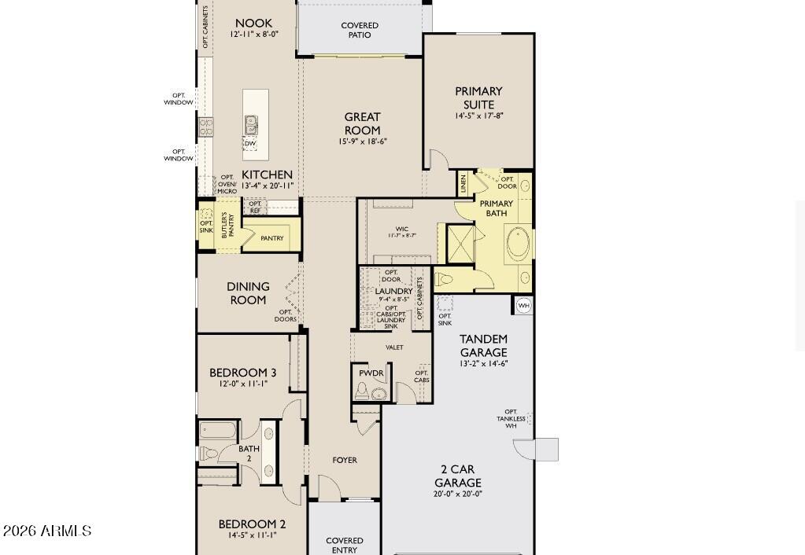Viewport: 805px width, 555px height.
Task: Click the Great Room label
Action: (362, 123)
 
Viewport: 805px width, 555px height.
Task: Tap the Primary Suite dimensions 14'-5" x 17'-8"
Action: (478, 116)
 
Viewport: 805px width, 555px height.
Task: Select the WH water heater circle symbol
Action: (523, 305)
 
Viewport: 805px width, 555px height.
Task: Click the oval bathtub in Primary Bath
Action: (519, 244)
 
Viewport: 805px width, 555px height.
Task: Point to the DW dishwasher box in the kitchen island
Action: (250, 144)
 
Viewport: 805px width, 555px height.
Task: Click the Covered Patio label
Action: (360, 30)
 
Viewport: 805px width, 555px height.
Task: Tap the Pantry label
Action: (271, 238)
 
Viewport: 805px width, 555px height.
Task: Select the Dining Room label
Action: (248, 293)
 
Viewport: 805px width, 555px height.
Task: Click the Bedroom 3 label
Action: (242, 373)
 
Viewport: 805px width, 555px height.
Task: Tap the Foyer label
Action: (345, 460)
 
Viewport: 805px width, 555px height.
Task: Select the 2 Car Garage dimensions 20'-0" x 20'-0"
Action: (457, 494)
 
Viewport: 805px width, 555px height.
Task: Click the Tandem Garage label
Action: (483, 346)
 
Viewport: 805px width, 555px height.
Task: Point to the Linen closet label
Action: (463, 184)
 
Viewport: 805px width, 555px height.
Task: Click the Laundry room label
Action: (393, 291)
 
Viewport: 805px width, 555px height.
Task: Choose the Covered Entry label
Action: (345, 545)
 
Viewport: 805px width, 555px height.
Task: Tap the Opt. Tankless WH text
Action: (511, 419)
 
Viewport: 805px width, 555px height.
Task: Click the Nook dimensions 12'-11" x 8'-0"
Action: (254, 35)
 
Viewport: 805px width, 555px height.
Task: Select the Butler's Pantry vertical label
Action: (227, 226)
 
